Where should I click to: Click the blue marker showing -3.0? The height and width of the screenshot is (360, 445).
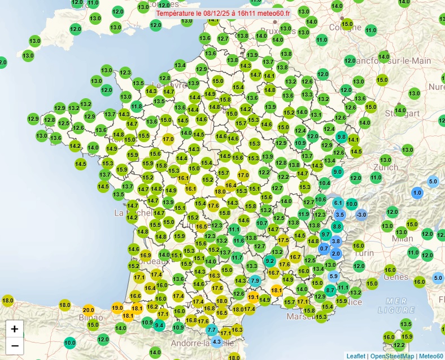pos(361,214)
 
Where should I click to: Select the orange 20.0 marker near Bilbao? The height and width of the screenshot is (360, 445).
pos(89,310)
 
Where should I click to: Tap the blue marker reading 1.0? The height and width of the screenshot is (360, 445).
pos(417,192)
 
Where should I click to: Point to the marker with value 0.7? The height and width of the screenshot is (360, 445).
pos(324,248)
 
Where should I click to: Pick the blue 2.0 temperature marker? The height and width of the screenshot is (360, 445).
pos(336,254)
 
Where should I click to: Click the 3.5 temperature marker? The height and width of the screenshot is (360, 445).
pos(340,214)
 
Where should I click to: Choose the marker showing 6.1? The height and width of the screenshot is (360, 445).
pos(338,203)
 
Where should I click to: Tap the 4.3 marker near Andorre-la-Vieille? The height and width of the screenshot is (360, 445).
pos(217,341)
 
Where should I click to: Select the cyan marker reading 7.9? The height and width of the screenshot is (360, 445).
pos(255,280)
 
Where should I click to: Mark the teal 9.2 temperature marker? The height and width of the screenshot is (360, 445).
pos(270,261)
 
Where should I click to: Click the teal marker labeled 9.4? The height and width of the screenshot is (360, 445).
pos(159,325)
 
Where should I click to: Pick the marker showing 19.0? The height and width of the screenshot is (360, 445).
pos(117,308)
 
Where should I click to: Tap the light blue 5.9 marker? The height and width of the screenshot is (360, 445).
pos(334,276)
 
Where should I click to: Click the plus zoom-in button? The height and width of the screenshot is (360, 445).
pos(15,328)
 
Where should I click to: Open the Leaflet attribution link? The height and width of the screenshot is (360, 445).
pos(355,356)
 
